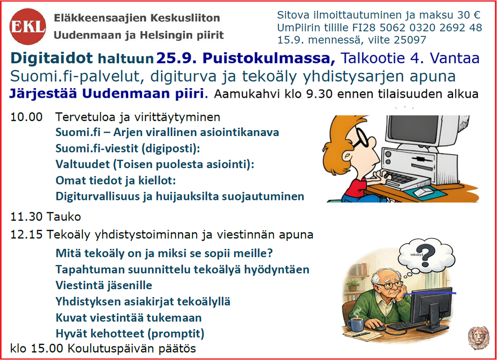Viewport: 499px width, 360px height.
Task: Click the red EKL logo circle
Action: (x=27, y=26)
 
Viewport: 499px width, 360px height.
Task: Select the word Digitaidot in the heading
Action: (x=51, y=58)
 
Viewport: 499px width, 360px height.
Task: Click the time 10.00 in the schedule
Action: (x=26, y=117)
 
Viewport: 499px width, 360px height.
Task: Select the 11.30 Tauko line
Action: (x=46, y=217)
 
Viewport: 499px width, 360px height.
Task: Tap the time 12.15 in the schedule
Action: (x=26, y=235)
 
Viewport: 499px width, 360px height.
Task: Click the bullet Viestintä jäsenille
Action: (x=104, y=285)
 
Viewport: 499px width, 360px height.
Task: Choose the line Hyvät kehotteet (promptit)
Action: (x=130, y=334)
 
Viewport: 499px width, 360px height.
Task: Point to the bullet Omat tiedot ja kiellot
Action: (x=116, y=180)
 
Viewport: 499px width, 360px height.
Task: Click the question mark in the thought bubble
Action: (x=428, y=256)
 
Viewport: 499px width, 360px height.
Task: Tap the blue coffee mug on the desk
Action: (x=355, y=323)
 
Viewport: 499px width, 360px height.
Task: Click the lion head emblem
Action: (x=479, y=338)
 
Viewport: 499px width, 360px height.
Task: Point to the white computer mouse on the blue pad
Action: (x=423, y=192)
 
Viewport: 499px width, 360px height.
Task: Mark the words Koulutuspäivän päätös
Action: (x=132, y=349)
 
